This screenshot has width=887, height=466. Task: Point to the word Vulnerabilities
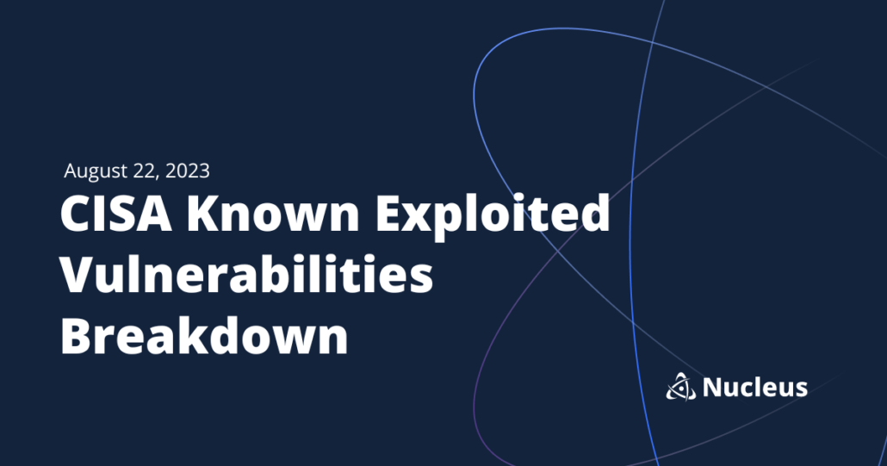click(x=245, y=275)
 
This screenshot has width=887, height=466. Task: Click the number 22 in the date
click(x=143, y=171)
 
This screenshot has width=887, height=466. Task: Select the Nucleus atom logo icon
click(x=680, y=388)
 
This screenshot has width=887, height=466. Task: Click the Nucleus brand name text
click(x=755, y=388)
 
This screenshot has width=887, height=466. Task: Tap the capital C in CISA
click(x=75, y=214)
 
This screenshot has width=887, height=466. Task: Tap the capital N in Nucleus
click(x=713, y=388)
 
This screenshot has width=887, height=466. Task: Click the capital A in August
click(x=71, y=171)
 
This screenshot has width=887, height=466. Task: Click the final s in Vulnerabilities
click(x=421, y=278)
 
